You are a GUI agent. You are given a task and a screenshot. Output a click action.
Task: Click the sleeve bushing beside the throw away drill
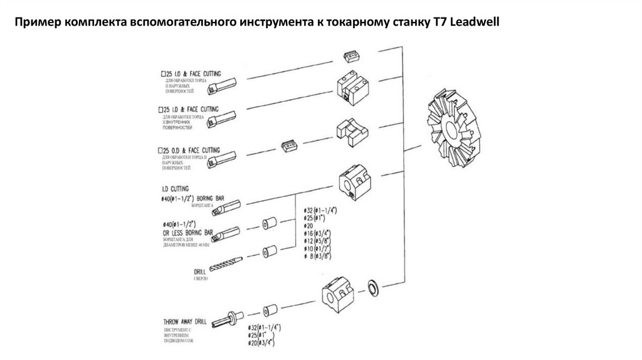(270, 310)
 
